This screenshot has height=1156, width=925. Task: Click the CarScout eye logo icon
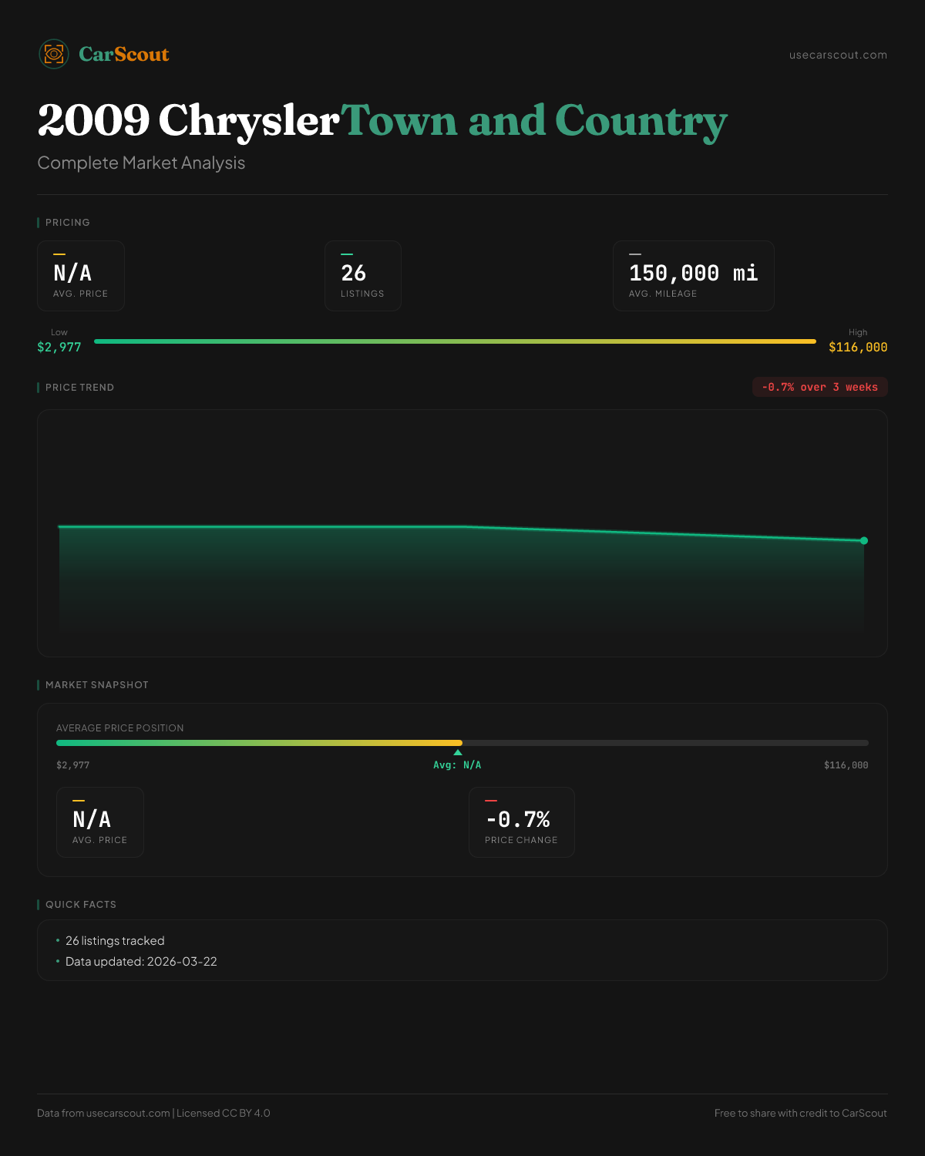[x=54, y=54]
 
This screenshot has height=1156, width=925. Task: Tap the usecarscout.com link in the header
[x=838, y=55]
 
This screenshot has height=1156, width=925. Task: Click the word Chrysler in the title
[x=248, y=121]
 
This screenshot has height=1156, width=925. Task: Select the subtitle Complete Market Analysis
[x=141, y=163]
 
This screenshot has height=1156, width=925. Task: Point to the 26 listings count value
[x=354, y=273]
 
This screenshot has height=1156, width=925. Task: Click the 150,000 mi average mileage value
[x=693, y=273]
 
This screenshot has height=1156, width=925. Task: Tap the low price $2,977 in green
[x=59, y=347]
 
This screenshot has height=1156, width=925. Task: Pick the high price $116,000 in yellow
[x=857, y=347]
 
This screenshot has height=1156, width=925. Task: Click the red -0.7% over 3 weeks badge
[x=819, y=387]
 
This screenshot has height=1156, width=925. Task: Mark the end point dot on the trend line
[x=864, y=540]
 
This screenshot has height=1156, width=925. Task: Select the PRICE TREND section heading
[x=79, y=388]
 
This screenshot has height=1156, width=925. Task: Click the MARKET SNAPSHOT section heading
[x=96, y=685]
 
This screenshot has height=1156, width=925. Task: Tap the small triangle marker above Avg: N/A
[x=458, y=752]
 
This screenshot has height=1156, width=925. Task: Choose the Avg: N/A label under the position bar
[x=457, y=765]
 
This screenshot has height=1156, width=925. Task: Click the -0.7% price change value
[x=518, y=819]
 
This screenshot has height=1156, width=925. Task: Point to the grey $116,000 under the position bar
[x=846, y=765]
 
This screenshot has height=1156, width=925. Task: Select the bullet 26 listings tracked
[x=115, y=941]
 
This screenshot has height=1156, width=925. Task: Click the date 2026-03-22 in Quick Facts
[x=182, y=962]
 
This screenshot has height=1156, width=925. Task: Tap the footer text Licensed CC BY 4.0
[x=224, y=1113]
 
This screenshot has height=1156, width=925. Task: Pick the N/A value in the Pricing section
[x=72, y=273]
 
